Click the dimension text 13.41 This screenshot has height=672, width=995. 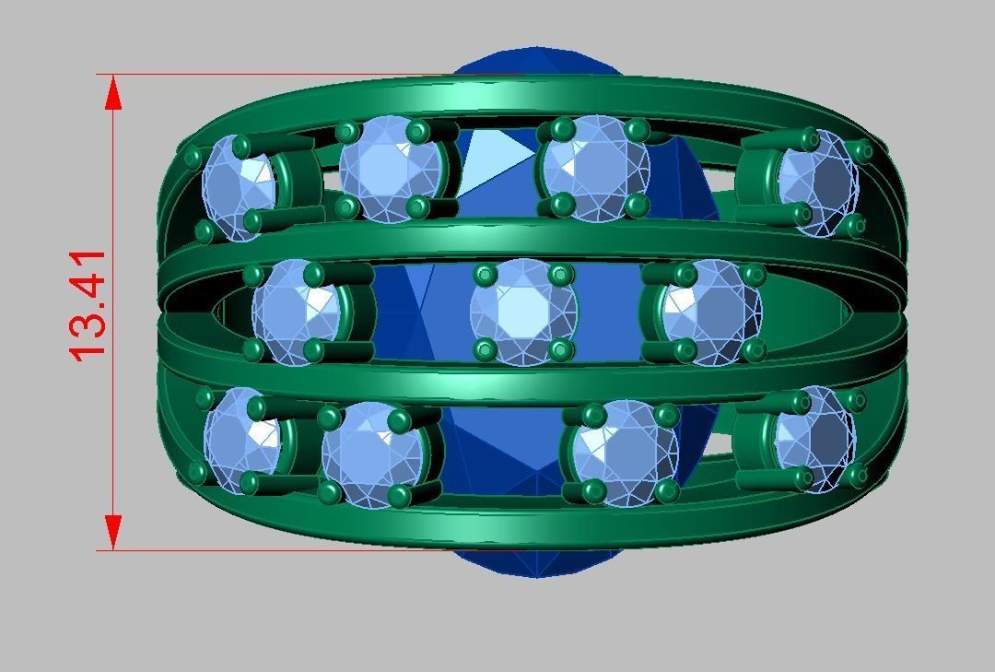[x=88, y=305]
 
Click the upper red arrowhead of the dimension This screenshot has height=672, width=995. [x=113, y=93]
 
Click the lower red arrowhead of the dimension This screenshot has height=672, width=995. [x=113, y=532]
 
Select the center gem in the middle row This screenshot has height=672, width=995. [x=523, y=312]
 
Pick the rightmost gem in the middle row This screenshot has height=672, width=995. [x=711, y=312]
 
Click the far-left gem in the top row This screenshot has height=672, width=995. [x=239, y=186]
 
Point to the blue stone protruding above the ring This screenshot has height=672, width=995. [x=534, y=61]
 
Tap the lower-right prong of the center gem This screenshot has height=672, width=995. [x=560, y=350]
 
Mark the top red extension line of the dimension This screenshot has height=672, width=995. [x=276, y=75]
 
